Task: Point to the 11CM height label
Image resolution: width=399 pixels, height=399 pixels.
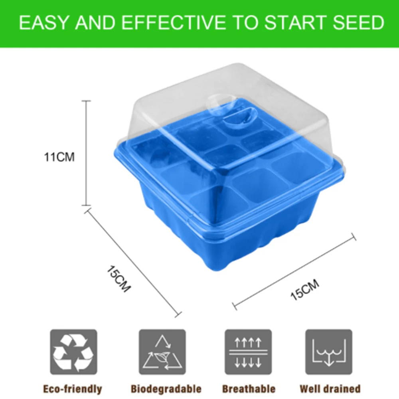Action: [59, 157]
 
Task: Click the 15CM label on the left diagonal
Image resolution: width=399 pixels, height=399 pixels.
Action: [119, 279]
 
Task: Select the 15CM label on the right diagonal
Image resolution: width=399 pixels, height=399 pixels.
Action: [304, 290]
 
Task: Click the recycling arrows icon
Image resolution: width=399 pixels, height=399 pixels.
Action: [73, 352]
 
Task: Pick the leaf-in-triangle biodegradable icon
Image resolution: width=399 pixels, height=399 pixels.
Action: [162, 352]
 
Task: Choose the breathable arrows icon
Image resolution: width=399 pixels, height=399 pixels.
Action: [248, 352]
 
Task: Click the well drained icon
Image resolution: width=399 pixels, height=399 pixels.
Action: [329, 352]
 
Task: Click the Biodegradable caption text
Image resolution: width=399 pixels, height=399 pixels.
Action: [166, 389]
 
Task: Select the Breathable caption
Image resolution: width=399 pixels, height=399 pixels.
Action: [249, 389]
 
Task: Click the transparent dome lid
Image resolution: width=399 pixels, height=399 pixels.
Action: [168, 104]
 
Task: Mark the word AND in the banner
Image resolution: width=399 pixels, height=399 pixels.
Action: [97, 23]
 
